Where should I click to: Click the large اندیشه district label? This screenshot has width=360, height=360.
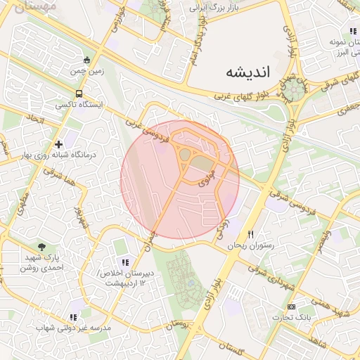click(x=251, y=72)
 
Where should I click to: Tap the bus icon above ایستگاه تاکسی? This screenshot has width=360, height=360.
click(x=79, y=94)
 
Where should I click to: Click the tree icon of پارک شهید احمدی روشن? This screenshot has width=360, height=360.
click(x=42, y=247)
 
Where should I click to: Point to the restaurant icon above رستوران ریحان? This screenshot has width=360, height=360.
click(x=250, y=235)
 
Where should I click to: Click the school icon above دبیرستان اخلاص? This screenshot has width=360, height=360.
click(x=124, y=262)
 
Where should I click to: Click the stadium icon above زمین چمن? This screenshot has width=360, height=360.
click(x=86, y=60)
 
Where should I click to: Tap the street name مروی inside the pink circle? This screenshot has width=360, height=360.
click(x=205, y=180)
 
